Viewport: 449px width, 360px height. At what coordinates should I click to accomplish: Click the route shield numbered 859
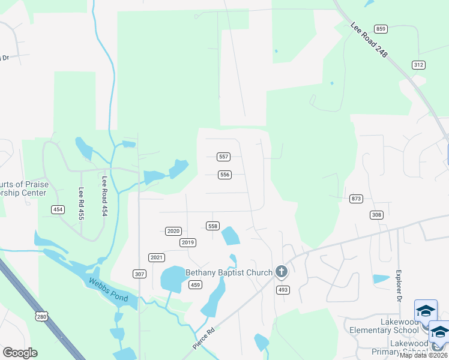380,29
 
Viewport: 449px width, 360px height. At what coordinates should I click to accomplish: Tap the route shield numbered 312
418,65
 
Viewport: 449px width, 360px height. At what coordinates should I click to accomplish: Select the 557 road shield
223,157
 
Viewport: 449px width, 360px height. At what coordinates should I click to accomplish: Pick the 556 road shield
224,175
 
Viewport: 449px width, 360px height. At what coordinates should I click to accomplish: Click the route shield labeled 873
357,199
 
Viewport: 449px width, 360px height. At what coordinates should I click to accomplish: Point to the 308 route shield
376,215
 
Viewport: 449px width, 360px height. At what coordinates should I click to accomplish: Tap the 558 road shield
212,226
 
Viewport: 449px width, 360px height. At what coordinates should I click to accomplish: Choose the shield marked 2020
173,231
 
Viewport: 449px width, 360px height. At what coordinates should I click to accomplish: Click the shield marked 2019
188,242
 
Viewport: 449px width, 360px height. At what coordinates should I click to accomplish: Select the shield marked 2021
157,257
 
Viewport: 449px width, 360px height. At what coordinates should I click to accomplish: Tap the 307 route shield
139,274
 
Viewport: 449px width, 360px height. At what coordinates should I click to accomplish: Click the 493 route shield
283,290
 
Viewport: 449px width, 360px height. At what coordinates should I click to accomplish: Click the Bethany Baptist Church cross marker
281,272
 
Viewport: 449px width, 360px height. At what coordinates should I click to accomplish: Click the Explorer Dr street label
398,286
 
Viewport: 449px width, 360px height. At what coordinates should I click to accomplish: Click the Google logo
20,353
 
